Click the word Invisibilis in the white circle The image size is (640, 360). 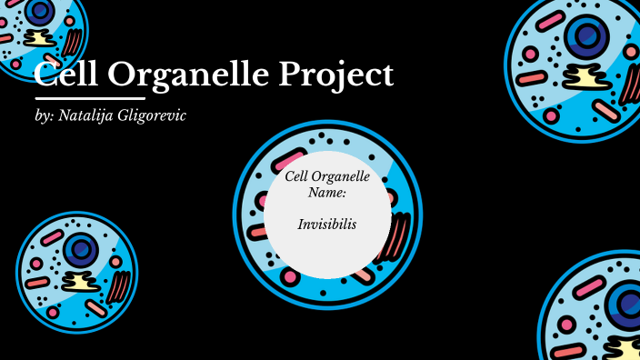[327, 224]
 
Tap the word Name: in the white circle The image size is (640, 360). [327, 192]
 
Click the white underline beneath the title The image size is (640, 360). [90, 97]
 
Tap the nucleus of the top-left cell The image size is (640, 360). [39, 11]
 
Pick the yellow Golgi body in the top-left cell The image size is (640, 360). [39, 38]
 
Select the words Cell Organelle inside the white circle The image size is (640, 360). [327, 176]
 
